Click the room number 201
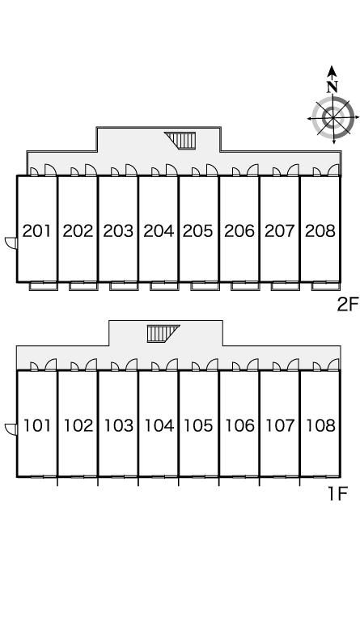pyautogui.click(x=37, y=230)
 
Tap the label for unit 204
pyautogui.click(x=159, y=230)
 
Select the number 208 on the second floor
pyautogui.click(x=320, y=230)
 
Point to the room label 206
pyautogui.click(x=239, y=230)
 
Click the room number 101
pyautogui.click(x=37, y=425)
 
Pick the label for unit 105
pyautogui.click(x=198, y=425)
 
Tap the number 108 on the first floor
pyautogui.click(x=320, y=425)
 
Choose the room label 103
pyautogui.click(x=118, y=425)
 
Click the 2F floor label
pyautogui.click(x=347, y=305)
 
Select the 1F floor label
pyautogui.click(x=337, y=493)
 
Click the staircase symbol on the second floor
pyautogui.click(x=181, y=141)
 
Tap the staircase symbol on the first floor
pyautogui.click(x=163, y=333)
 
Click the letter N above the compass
pyautogui.click(x=332, y=87)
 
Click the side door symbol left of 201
pyautogui.click(x=11, y=243)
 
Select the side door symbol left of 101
pyautogui.click(x=11, y=429)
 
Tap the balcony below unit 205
pyautogui.click(x=205, y=286)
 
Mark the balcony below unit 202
pyautogui.click(x=83, y=286)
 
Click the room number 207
pyautogui.click(x=280, y=230)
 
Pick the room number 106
pyautogui.click(x=239, y=425)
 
